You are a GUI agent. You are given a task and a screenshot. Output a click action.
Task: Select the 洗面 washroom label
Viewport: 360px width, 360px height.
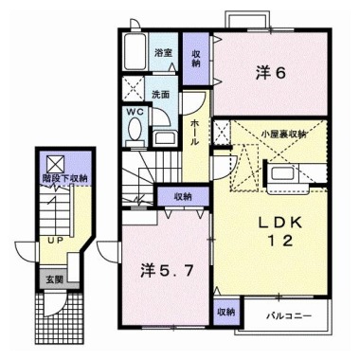[x=161, y=94]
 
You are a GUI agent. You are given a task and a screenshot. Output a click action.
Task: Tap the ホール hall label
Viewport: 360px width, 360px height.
[x=194, y=133]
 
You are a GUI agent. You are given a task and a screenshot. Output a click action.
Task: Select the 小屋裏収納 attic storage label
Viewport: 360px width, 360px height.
[x=283, y=134]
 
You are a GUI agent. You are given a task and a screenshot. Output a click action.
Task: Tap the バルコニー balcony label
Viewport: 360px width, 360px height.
[x=284, y=314]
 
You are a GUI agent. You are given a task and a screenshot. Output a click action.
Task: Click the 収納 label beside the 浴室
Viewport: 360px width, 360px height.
[x=196, y=59]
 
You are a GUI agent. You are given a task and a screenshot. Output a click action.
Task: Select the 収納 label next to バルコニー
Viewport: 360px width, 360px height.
[x=225, y=311]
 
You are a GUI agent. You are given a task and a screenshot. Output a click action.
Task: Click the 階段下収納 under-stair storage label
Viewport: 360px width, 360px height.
[x=66, y=177]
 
